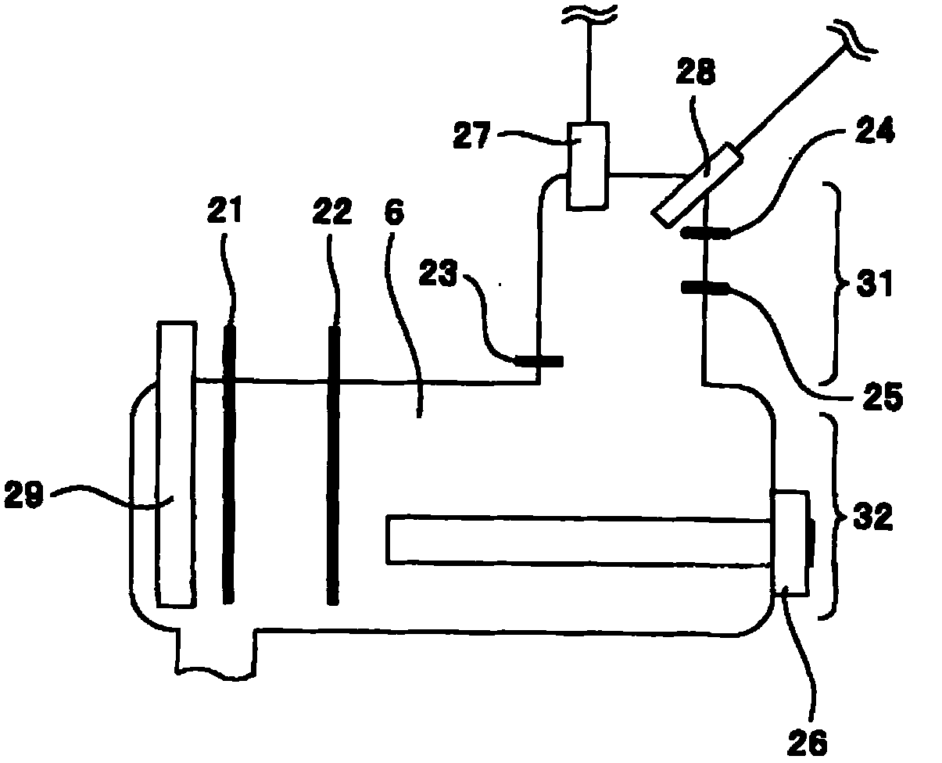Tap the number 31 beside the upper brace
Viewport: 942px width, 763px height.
click(x=874, y=285)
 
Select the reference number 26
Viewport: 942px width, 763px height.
click(x=805, y=740)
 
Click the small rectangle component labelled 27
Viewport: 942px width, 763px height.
click(x=586, y=165)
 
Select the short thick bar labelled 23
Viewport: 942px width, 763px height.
click(x=539, y=360)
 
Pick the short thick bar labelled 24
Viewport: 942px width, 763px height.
click(x=706, y=232)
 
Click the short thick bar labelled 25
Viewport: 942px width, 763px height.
click(x=706, y=288)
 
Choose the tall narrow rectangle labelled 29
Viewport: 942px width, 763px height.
click(x=175, y=464)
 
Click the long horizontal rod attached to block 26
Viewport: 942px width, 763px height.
click(x=578, y=539)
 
